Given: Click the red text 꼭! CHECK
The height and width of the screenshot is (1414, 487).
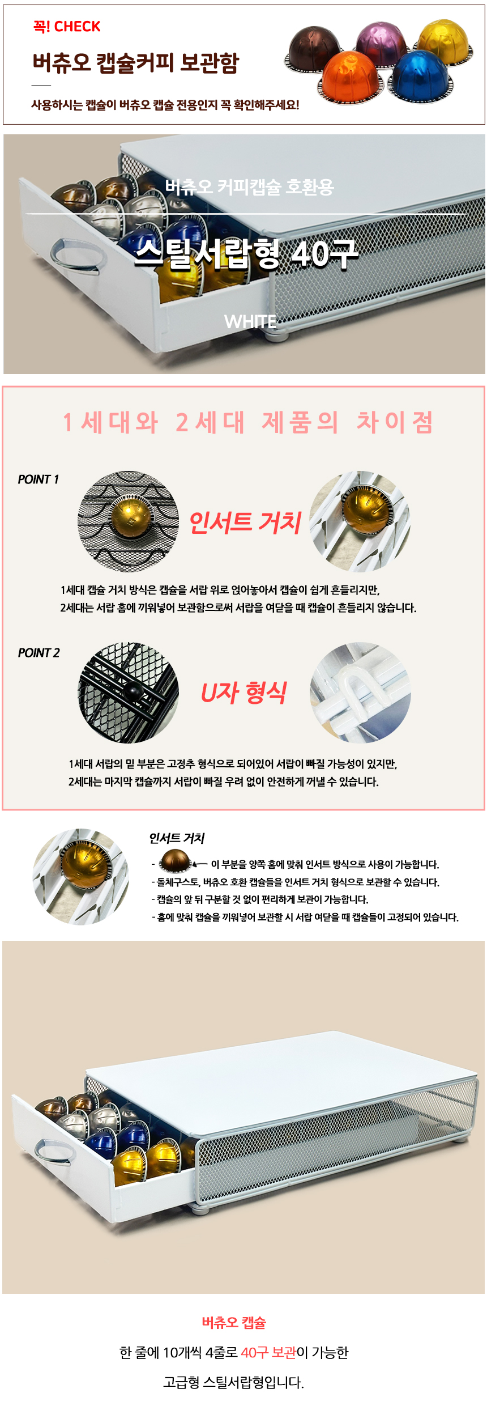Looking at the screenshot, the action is click(x=66, y=27).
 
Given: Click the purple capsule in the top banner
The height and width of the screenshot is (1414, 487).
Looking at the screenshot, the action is click(x=382, y=41).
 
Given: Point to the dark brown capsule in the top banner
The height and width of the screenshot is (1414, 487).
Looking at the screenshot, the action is click(x=314, y=49).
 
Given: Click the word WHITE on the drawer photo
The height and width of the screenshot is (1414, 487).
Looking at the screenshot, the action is click(x=250, y=322).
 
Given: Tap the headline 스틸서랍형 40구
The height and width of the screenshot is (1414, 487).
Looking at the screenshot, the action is click(x=247, y=253).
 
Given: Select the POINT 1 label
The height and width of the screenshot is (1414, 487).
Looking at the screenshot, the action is click(x=39, y=479).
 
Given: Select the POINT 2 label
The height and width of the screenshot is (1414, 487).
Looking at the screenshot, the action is click(x=39, y=653).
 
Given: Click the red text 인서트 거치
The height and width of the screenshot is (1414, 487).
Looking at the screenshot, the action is click(x=245, y=522).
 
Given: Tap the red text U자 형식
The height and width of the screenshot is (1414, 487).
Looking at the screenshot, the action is click(x=244, y=693).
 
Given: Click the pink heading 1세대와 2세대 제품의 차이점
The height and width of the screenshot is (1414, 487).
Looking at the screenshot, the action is click(x=248, y=422).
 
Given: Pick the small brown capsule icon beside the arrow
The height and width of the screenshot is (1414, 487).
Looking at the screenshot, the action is click(x=176, y=861).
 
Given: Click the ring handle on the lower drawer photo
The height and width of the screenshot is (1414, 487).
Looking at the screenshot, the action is click(x=55, y=1152).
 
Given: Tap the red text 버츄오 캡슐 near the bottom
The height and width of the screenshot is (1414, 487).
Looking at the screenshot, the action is click(x=234, y=1323).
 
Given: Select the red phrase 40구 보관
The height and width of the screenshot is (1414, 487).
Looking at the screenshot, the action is click(x=268, y=1353).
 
